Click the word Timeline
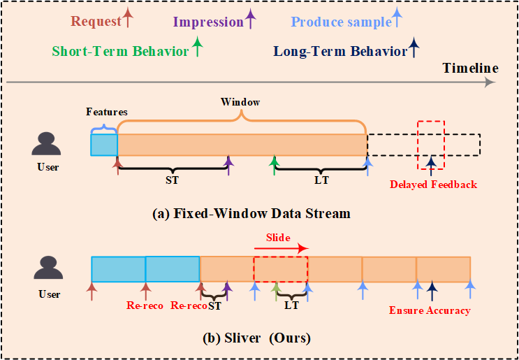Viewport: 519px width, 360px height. coord(470,68)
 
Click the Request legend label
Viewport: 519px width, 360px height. coord(96,21)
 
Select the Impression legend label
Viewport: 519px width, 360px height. coord(207,22)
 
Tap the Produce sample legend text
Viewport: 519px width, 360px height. coord(341,22)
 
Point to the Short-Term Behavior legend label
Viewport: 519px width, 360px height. coord(120,51)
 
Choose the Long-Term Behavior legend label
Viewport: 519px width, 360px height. coord(340,51)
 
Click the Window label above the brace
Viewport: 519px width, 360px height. coord(240,102)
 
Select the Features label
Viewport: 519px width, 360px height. coord(107,111)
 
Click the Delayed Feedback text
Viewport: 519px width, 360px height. coord(433,185)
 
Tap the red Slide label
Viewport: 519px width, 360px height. coord(278,238)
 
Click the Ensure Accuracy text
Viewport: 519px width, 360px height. coord(430,310)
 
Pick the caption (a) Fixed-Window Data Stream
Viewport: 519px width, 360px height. coord(251,214)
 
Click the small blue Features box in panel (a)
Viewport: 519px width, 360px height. coord(104,145)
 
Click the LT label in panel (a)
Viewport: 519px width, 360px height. coord(321,180)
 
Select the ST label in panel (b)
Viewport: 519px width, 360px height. coord(214,305)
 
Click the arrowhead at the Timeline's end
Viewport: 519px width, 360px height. coord(490,82)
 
